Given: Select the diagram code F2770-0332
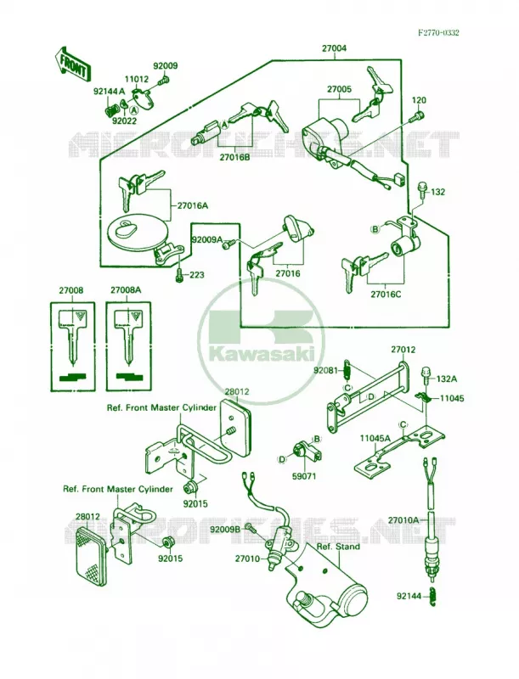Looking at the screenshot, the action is point(438,33).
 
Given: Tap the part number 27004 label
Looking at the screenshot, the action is point(334,48).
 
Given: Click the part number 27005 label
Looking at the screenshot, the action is point(339,89).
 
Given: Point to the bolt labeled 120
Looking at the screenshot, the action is point(417,116).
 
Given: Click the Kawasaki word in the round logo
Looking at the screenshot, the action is point(262,355).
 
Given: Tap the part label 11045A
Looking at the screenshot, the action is point(375,438).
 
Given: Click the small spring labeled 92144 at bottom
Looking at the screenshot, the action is point(432,596).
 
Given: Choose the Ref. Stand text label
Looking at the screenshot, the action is point(338,547).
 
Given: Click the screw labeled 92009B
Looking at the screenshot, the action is point(250,527).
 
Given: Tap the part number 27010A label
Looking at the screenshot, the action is point(403,519).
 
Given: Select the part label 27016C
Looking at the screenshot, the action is point(386,295).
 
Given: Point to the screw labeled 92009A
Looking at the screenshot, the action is point(228,244).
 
